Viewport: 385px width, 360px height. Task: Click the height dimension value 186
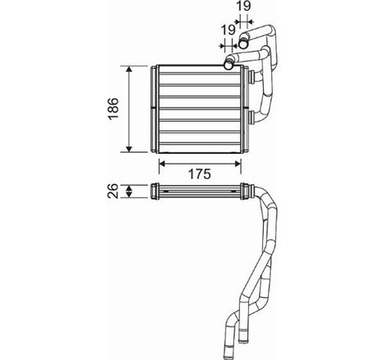pos(114,107)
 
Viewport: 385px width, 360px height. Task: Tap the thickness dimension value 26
pos(114,193)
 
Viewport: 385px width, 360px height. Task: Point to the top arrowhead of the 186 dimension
pos(130,67)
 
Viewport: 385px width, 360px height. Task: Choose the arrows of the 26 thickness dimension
pos(130,193)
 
